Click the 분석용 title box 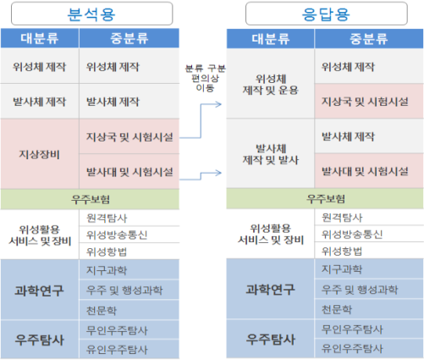[x=91, y=14]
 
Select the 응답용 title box [x=327, y=14]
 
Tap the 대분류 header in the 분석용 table [x=40, y=38]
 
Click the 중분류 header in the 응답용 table [x=369, y=39]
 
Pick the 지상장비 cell [x=40, y=154]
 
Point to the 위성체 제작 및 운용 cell [x=270, y=84]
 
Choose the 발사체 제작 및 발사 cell [x=270, y=153]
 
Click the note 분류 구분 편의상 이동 [x=205, y=78]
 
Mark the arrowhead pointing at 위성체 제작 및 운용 [x=218, y=104]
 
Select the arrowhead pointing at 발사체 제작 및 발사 [x=218, y=173]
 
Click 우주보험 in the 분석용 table [x=91, y=199]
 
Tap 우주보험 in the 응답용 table [x=326, y=199]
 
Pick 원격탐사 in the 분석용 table [x=107, y=218]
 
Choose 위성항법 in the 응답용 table [x=342, y=251]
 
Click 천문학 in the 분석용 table [x=102, y=311]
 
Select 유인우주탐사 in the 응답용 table [x=352, y=348]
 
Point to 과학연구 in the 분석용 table [x=39, y=291]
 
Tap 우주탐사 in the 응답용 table [x=271, y=339]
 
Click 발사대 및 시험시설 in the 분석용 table [x=129, y=172]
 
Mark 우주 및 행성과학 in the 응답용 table [x=360, y=290]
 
